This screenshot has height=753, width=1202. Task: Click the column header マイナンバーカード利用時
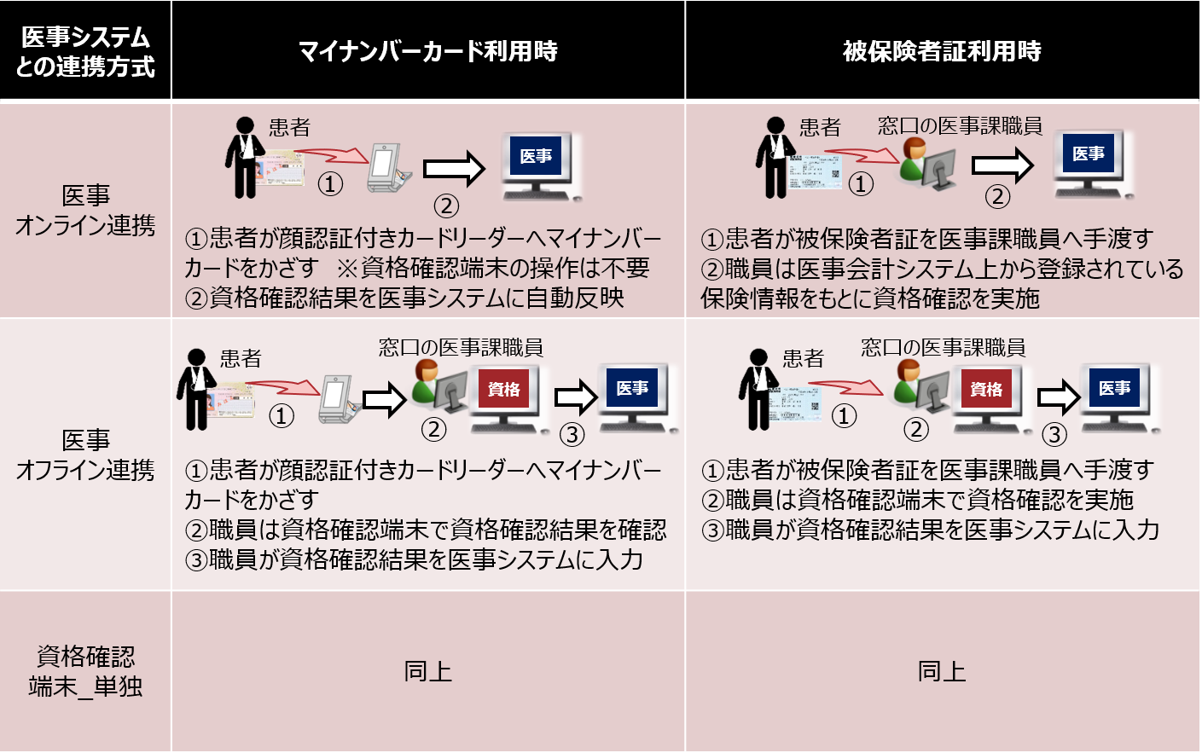coord(427,51)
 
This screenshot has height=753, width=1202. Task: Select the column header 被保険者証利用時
coord(942,51)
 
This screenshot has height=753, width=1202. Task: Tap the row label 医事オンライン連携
coord(85,211)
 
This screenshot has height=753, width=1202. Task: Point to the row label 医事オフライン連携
coord(85,455)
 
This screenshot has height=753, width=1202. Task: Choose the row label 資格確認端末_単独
coord(85,671)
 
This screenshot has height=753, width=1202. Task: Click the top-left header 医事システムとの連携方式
coord(85,51)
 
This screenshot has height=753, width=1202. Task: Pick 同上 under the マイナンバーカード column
coord(427,671)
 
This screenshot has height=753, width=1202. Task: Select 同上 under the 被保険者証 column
coord(942,671)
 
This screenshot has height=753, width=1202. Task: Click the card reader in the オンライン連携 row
coord(387,167)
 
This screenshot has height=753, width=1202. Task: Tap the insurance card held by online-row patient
coord(813,170)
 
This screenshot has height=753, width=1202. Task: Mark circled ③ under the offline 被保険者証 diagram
coord(1054,435)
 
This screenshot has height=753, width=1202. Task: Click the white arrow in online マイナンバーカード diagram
coord(454,168)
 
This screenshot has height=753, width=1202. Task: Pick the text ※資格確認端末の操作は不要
coord(492,268)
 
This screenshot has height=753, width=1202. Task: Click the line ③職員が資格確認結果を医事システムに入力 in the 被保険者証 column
coord(930,530)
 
